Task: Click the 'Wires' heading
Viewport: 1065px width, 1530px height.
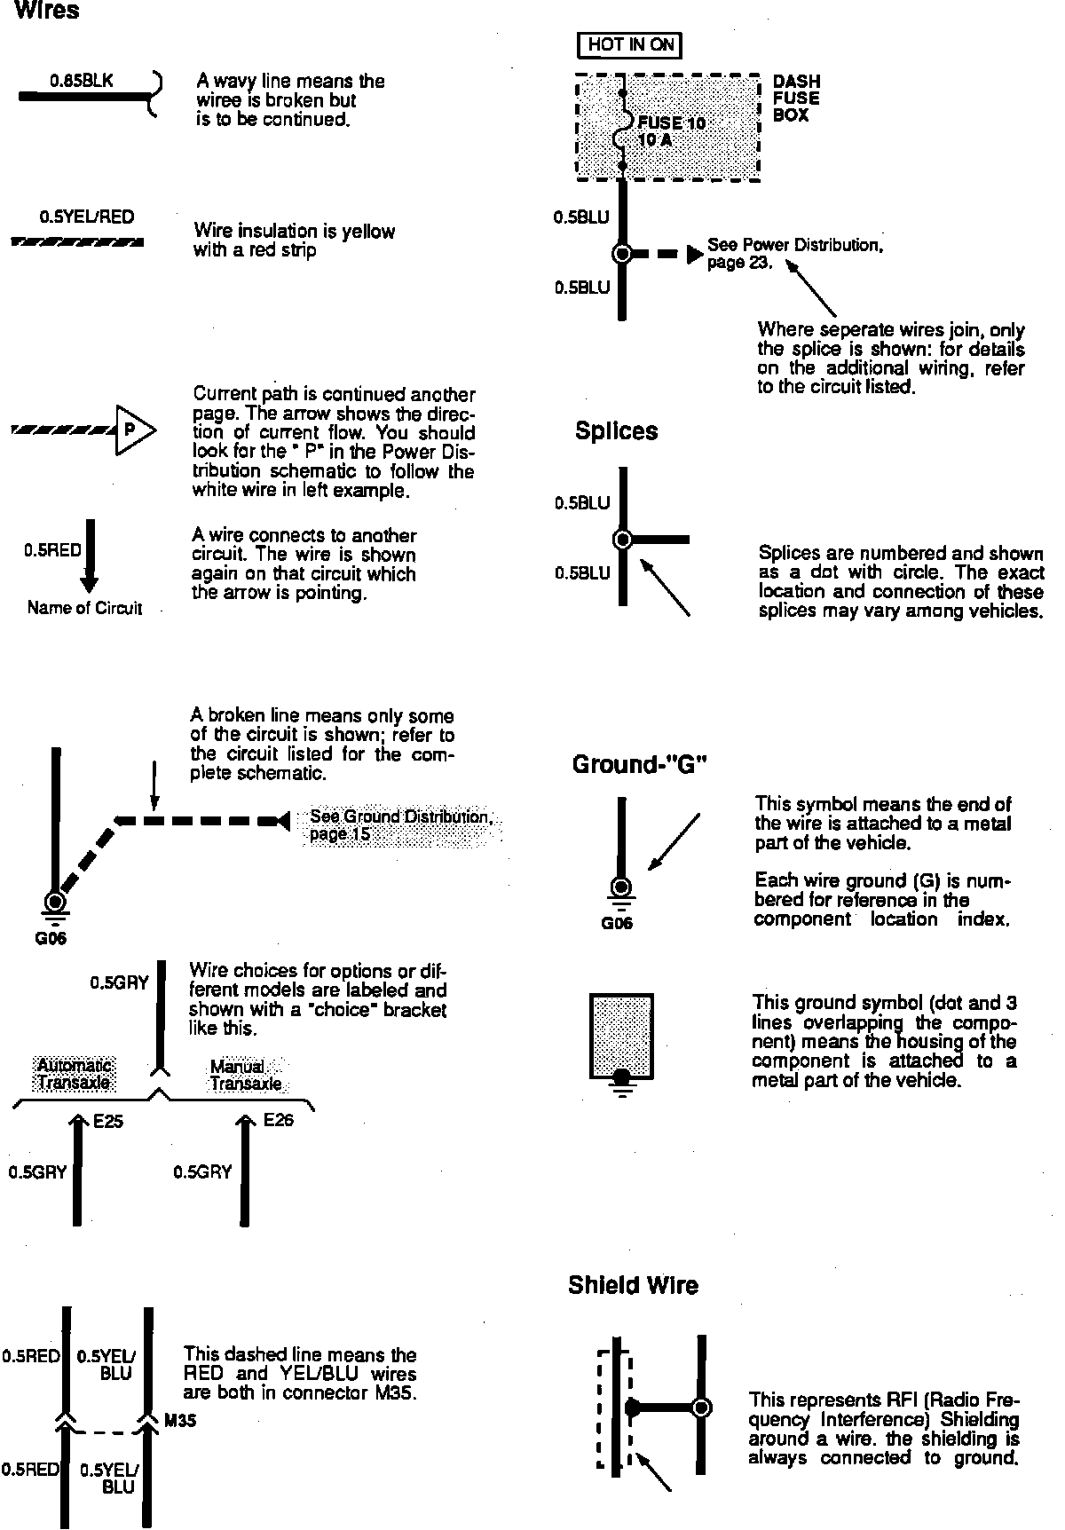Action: (x=47, y=12)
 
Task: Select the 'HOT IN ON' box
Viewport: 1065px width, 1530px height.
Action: (x=630, y=44)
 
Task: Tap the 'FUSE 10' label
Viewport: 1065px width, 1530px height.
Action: (x=670, y=122)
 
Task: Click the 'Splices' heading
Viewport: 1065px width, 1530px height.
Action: (x=616, y=431)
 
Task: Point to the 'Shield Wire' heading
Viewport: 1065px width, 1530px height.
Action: (x=633, y=1285)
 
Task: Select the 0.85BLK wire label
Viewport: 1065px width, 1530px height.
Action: (x=82, y=81)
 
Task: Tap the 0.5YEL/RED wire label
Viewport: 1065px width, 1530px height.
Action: (x=87, y=217)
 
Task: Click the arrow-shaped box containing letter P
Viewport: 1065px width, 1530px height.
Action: (x=133, y=430)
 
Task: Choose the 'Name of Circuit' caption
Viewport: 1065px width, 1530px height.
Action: (x=84, y=609)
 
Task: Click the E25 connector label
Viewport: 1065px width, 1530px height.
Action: (x=108, y=1122)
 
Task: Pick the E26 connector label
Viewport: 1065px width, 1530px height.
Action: (x=278, y=1120)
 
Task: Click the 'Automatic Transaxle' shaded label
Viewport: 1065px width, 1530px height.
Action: (x=75, y=1074)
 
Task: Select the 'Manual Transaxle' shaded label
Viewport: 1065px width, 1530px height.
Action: (x=245, y=1075)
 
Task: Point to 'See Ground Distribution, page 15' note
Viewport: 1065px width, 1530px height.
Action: (x=401, y=825)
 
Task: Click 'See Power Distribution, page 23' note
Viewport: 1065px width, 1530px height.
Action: (x=794, y=254)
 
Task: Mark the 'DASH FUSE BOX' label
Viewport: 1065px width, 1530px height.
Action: (x=796, y=99)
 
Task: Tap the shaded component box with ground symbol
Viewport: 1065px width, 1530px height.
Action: (x=621, y=1036)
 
